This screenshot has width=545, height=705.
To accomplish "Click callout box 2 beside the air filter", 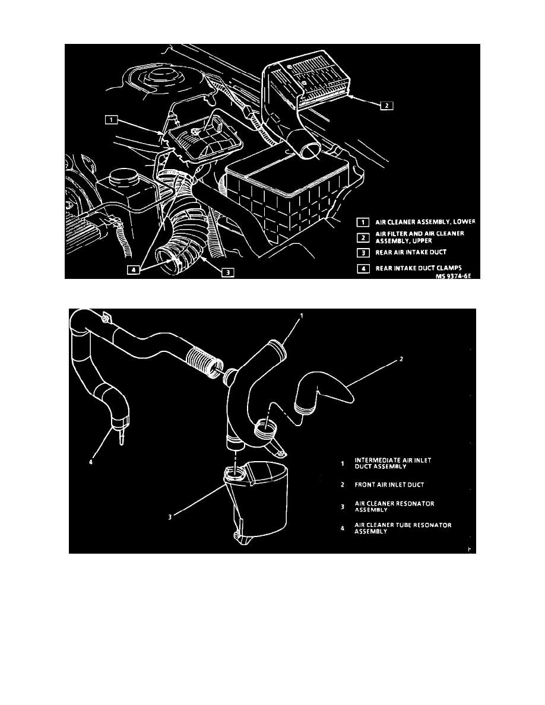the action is [x=386, y=106].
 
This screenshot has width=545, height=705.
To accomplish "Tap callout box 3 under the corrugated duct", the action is [x=228, y=272].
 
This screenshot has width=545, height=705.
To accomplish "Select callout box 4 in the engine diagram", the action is [x=133, y=270].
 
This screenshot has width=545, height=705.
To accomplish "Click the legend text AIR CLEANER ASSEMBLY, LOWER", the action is [x=425, y=222].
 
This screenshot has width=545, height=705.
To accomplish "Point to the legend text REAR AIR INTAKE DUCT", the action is [x=411, y=252].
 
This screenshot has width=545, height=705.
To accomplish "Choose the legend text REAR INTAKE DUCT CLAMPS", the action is [x=419, y=268].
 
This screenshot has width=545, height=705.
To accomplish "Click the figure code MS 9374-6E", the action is [x=453, y=275].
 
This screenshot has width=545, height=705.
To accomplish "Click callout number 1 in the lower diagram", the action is [x=301, y=316].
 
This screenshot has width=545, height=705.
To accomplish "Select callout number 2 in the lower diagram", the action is [x=401, y=359].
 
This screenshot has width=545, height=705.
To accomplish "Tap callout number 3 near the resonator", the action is [x=170, y=517].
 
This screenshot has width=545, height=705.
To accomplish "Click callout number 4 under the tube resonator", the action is [x=91, y=462].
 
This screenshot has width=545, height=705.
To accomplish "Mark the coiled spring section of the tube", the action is [x=204, y=360].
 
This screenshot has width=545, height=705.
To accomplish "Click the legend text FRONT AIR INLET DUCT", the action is [x=389, y=485].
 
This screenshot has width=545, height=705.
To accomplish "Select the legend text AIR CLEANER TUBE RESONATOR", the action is [x=403, y=525].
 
